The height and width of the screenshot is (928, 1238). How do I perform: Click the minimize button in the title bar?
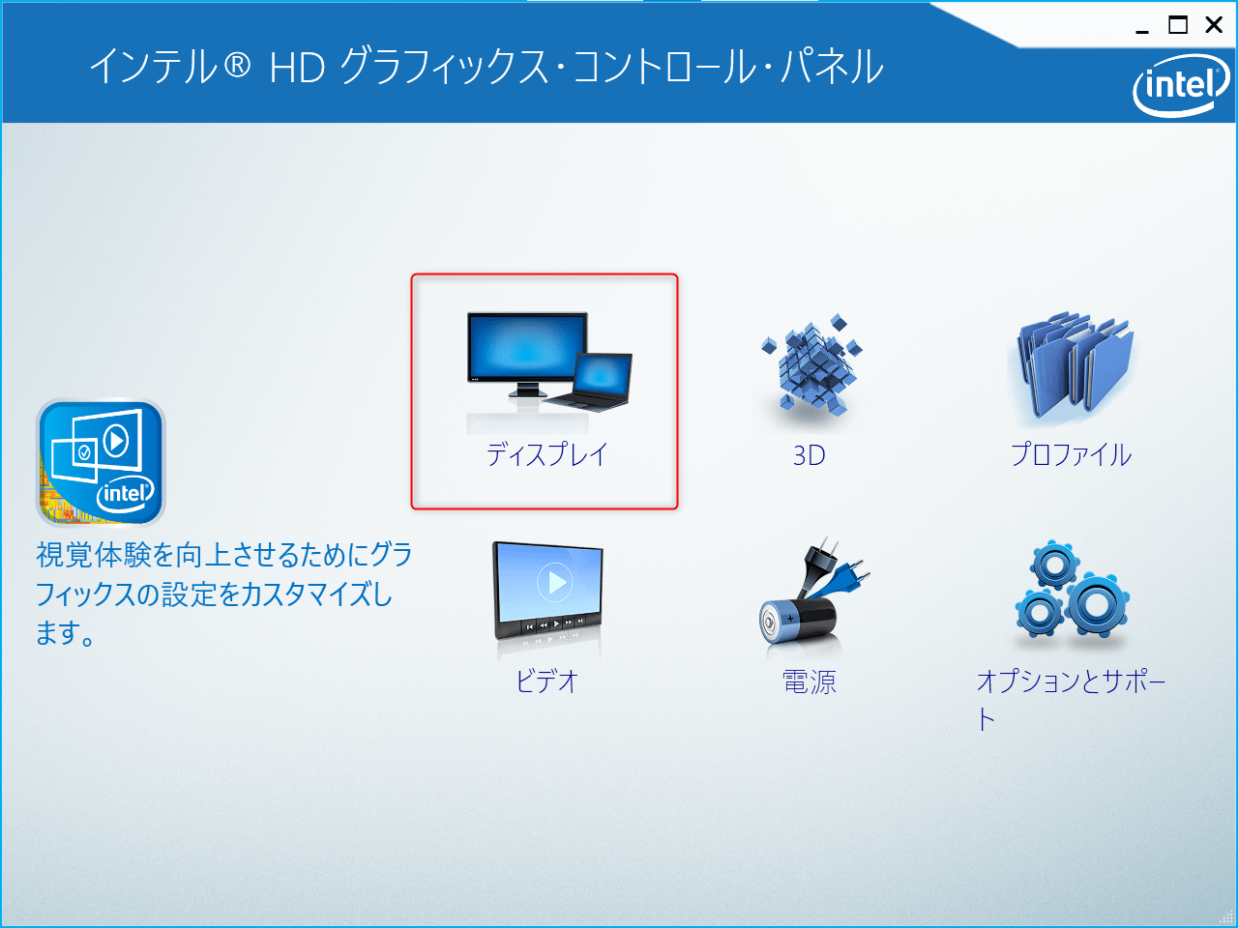[1142, 27]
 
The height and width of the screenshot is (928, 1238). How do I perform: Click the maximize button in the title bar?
[1178, 25]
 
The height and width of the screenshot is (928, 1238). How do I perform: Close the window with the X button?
[1214, 25]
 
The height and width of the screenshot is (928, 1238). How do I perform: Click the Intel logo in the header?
[1180, 85]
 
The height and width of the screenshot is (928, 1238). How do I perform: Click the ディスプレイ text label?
[546, 454]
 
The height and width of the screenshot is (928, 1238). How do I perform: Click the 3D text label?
[810, 455]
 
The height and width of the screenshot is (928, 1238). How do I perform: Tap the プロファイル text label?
[1072, 454]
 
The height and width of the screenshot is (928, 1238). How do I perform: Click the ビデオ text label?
[546, 681]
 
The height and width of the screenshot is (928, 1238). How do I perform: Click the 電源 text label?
[810, 682]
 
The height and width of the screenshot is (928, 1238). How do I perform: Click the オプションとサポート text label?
[1071, 681]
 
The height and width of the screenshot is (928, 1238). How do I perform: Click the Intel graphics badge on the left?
[101, 462]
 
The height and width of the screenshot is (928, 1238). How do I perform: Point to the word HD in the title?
[297, 68]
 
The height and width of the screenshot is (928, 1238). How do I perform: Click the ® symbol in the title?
[237, 67]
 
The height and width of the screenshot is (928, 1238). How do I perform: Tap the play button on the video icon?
[556, 582]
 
